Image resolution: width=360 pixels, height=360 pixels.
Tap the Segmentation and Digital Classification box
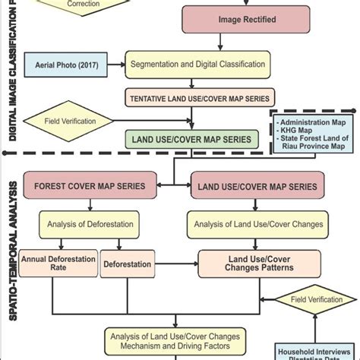tap(197, 66)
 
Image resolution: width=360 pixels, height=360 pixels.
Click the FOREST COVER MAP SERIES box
tap(90, 186)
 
